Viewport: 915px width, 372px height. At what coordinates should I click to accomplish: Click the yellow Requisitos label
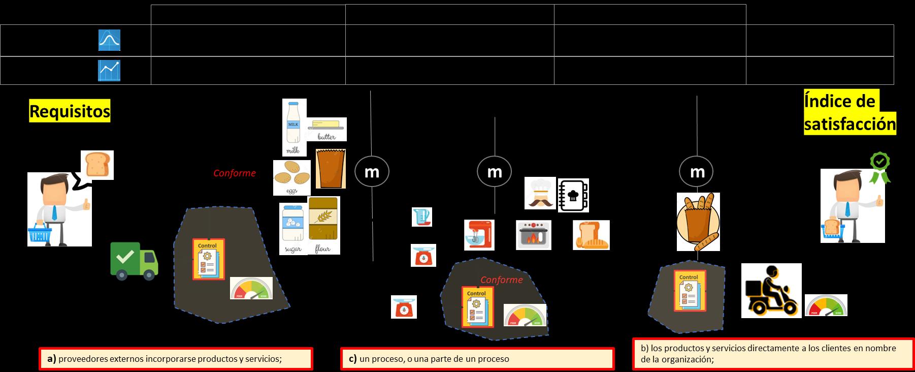70,111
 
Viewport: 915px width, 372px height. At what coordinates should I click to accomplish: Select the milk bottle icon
294,127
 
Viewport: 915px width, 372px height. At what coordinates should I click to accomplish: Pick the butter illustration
326,130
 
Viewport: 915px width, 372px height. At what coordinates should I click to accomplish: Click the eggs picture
292,178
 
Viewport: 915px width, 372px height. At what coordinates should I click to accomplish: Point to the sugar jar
293,229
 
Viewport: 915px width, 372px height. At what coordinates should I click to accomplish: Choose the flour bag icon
324,225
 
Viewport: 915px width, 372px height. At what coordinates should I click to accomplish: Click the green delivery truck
134,260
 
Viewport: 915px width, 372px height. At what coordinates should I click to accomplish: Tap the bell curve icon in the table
109,41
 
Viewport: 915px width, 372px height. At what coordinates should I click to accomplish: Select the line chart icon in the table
109,71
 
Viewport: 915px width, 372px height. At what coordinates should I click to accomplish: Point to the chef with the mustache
540,193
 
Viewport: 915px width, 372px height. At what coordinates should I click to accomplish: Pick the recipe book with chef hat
573,195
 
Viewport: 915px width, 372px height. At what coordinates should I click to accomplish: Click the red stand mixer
479,234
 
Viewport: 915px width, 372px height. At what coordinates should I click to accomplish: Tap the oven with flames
533,234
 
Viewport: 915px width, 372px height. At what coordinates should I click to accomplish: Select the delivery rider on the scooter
771,291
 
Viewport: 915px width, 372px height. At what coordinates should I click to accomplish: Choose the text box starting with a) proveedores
176,359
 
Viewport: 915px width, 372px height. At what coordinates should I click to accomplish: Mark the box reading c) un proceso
477,359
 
